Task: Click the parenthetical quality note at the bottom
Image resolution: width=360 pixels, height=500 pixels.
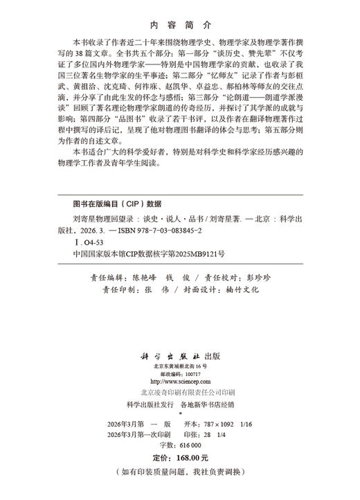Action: (x=179, y=473)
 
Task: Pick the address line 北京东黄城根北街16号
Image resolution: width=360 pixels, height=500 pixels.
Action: (x=179, y=365)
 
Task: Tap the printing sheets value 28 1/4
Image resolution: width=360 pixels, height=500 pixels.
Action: (x=217, y=435)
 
